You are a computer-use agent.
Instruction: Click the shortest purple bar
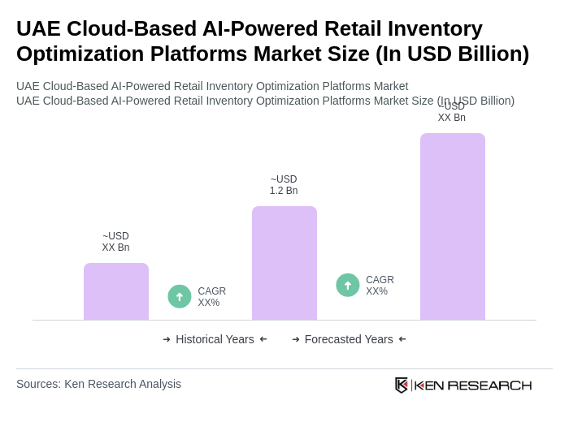click(116, 291)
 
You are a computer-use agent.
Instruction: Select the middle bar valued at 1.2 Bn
click(284, 263)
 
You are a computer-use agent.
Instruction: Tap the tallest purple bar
click(453, 226)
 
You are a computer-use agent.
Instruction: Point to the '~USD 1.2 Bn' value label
click(284, 185)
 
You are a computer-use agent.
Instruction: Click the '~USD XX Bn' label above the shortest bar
click(115, 242)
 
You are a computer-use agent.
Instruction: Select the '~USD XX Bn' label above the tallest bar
click(452, 113)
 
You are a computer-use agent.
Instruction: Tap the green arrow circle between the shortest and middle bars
click(180, 296)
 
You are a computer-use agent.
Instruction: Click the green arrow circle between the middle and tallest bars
click(348, 285)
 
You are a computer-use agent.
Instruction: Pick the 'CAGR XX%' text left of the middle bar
click(211, 297)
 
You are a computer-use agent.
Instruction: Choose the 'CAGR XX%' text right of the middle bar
click(380, 286)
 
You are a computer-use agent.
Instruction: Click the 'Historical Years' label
click(215, 339)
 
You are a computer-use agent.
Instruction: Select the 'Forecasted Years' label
click(349, 339)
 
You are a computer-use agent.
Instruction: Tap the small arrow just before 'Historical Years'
click(167, 339)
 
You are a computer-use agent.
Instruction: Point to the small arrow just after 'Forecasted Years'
click(402, 339)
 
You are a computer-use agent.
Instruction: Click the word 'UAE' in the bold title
click(38, 28)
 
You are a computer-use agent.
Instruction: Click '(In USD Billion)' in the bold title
click(452, 54)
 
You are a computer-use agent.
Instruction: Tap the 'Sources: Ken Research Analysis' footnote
click(98, 384)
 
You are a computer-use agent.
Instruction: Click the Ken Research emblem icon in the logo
click(402, 385)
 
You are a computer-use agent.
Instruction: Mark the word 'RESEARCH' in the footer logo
click(489, 385)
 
